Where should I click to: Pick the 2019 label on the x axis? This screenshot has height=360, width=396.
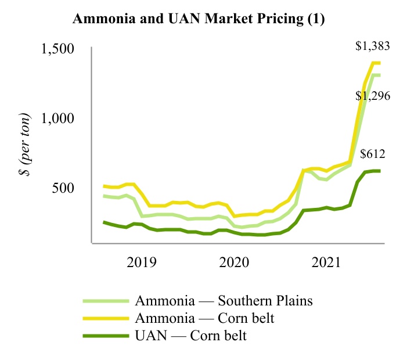coord(142,262)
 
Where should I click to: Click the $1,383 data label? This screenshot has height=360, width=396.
coord(374,48)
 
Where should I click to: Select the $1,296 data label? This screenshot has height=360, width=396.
coord(374,96)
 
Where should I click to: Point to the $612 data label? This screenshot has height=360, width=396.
coord(373,154)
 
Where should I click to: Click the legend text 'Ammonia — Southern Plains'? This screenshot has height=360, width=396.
coord(224,301)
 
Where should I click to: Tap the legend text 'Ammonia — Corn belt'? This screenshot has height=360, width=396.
coord(206,318)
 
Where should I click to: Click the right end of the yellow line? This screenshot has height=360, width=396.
coord(380,63)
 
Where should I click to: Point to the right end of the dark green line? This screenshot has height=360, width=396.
coord(380,171)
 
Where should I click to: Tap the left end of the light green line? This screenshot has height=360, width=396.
coord(104,196)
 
